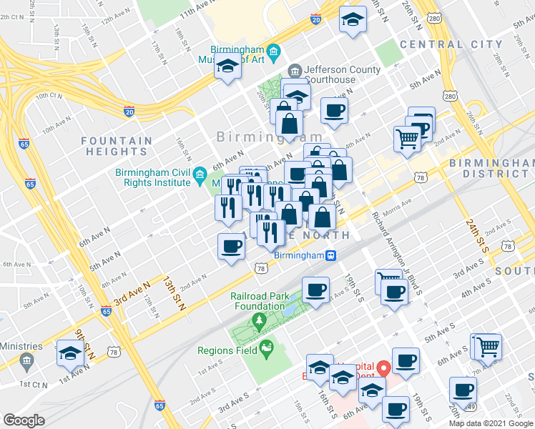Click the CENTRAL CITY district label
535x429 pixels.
[x=451, y=44]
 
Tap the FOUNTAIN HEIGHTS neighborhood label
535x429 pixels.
[x=116, y=147]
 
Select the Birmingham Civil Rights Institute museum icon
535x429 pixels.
[x=200, y=175]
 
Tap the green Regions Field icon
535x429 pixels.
[x=267, y=350]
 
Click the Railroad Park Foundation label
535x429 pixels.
[x=257, y=301]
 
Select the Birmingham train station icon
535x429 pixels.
[x=331, y=255]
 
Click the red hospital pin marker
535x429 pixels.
[x=384, y=369]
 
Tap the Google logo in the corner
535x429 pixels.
[x=24, y=420]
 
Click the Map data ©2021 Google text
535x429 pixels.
[x=491, y=423]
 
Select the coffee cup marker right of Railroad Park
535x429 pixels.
[x=315, y=290]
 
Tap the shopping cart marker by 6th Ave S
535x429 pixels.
[x=489, y=347]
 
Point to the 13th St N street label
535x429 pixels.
[x=173, y=292]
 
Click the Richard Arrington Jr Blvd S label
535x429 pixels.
[x=396, y=252]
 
